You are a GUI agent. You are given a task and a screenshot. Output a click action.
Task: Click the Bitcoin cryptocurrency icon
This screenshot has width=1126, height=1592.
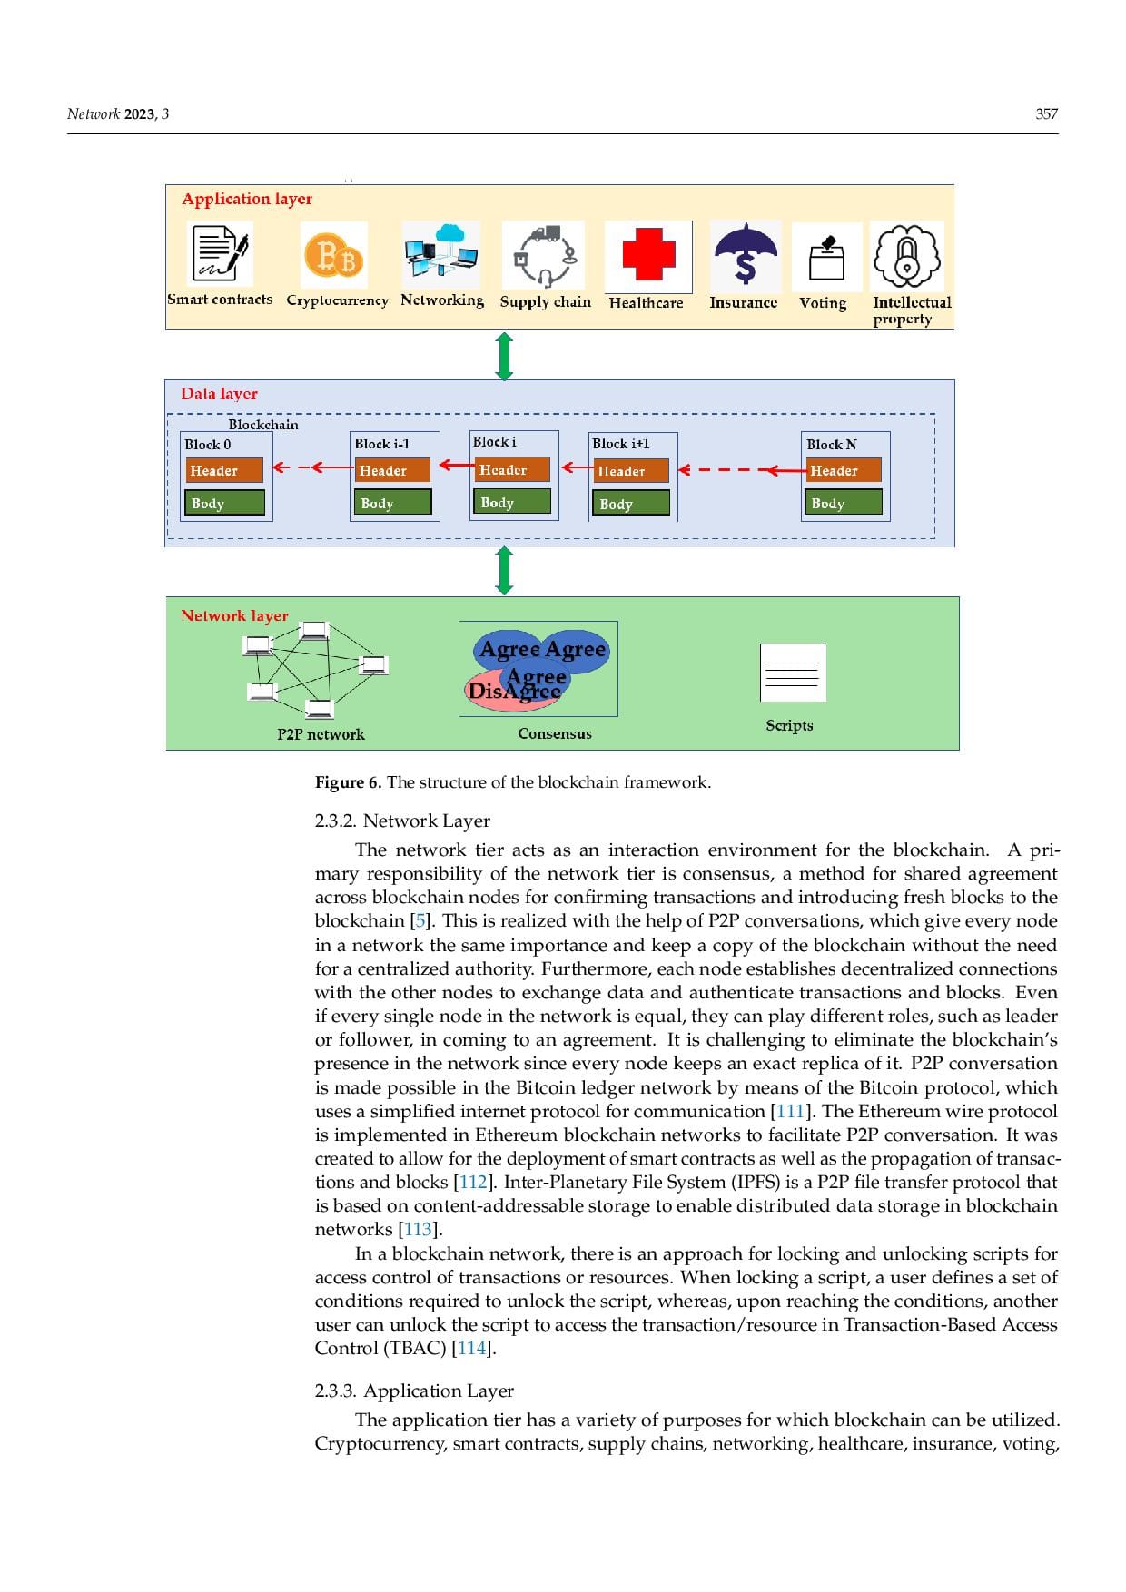(x=334, y=257)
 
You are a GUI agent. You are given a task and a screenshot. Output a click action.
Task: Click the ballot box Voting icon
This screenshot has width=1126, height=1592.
(x=826, y=258)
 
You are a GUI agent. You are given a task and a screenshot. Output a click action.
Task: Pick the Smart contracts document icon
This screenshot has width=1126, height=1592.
(x=220, y=254)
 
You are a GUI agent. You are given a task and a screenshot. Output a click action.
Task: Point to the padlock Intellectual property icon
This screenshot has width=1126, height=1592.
(x=906, y=257)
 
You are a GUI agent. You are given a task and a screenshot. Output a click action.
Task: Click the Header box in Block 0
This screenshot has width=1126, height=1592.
(x=224, y=470)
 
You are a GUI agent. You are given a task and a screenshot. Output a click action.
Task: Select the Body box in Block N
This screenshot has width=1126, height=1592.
(x=844, y=503)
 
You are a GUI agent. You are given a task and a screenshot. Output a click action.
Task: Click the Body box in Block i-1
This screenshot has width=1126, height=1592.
(x=391, y=503)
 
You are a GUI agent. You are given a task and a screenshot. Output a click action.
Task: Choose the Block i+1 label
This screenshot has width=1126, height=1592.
(x=621, y=444)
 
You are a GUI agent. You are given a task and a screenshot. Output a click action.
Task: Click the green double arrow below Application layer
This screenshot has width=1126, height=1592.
(x=505, y=356)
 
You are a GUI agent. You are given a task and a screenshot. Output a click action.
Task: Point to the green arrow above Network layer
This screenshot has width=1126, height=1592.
(x=505, y=571)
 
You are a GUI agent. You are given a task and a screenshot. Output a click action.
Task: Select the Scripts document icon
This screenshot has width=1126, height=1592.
(x=792, y=673)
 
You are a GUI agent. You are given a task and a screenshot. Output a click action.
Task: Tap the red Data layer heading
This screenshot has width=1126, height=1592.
(x=219, y=394)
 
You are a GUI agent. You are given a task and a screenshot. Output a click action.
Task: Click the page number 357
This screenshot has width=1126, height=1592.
(x=1046, y=113)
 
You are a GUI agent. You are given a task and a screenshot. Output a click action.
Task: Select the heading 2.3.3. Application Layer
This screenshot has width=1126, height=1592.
(x=414, y=1391)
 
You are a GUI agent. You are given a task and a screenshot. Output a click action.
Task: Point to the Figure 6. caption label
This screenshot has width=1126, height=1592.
(x=348, y=782)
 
